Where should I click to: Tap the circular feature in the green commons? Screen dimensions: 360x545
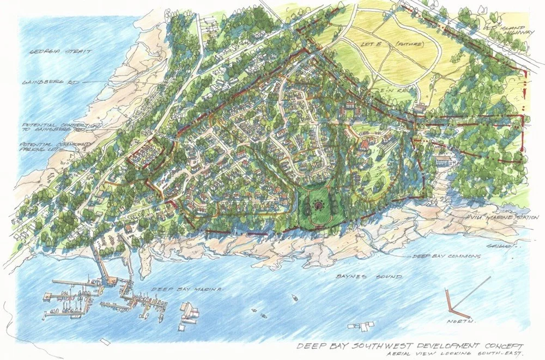pyautogui.click(x=318, y=205)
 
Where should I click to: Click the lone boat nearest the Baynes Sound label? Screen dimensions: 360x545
pyautogui.click(x=294, y=298)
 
